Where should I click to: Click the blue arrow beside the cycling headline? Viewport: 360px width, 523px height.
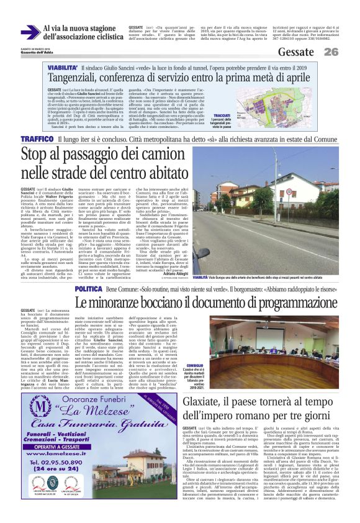coord(29,32)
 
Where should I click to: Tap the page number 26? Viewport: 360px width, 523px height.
coord(331,52)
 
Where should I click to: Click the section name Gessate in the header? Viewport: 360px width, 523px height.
coord(295,51)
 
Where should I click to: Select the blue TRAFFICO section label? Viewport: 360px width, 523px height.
coord(38,139)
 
